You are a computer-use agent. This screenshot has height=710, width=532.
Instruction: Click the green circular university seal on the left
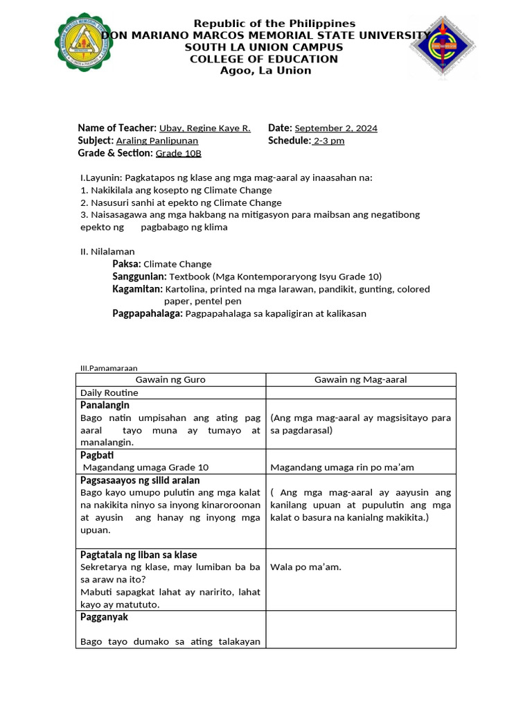tap(85, 42)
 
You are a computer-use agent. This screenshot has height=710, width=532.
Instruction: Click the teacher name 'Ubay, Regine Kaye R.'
tap(204, 128)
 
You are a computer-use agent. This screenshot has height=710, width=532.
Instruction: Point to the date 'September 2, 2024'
tap(336, 128)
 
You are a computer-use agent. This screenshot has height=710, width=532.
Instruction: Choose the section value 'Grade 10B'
tap(178, 153)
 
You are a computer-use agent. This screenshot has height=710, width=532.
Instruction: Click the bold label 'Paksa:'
tap(127, 264)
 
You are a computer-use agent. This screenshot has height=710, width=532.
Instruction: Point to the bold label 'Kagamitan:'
tap(137, 289)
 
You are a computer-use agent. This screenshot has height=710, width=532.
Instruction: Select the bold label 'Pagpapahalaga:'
tap(148, 314)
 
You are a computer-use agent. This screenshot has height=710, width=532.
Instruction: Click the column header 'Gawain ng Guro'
tap(170, 380)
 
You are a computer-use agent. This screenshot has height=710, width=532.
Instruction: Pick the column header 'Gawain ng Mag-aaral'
tap(360, 380)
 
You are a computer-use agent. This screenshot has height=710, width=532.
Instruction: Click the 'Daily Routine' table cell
tap(109, 392)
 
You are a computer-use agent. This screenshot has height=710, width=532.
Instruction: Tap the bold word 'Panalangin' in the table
tap(105, 405)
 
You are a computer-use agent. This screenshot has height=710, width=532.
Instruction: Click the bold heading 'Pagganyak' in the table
tap(104, 617)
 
